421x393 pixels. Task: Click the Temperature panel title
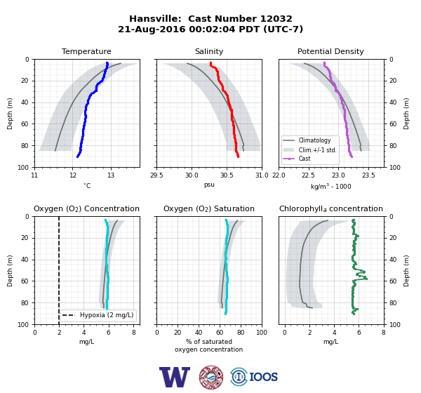tap(86, 51)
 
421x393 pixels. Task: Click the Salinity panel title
tap(209, 51)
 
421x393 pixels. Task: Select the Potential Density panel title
tap(330, 51)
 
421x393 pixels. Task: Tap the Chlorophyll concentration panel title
tap(330, 208)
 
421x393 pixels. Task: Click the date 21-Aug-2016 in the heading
tap(152, 29)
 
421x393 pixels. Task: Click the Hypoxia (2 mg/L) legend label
tap(107, 315)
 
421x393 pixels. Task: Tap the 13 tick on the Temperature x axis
tap(111, 175)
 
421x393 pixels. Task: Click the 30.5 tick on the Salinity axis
tap(227, 175)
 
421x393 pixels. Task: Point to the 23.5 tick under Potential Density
tap(368, 175)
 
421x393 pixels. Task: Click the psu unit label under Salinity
tap(209, 185)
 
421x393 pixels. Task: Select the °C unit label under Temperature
tap(87, 185)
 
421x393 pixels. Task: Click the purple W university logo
tap(175, 377)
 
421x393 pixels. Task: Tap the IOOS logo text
tap(264, 377)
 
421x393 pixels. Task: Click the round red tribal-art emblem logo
tap(211, 377)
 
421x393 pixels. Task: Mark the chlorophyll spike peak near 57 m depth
tap(366, 279)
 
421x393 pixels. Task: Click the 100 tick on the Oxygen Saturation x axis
tap(262, 333)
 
